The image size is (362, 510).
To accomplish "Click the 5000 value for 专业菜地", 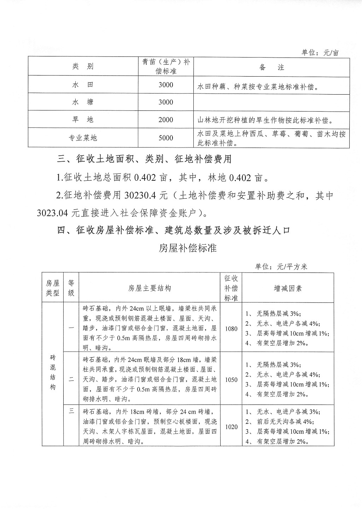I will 166,138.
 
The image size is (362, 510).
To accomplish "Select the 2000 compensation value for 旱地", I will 166,120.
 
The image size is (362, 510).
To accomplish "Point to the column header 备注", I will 271,67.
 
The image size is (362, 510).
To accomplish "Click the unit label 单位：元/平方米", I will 281,267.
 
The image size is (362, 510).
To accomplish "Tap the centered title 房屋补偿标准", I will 187,248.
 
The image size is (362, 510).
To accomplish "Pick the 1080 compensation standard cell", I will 231,329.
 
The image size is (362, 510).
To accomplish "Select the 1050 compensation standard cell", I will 231,380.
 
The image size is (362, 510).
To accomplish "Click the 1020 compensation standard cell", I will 231,427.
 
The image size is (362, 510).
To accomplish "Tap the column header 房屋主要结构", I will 149,288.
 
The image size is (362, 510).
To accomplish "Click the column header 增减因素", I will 288,288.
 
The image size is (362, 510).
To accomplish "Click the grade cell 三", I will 71,411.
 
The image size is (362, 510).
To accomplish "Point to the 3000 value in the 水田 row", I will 166,85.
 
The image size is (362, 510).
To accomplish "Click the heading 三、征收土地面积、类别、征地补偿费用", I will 144,160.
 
